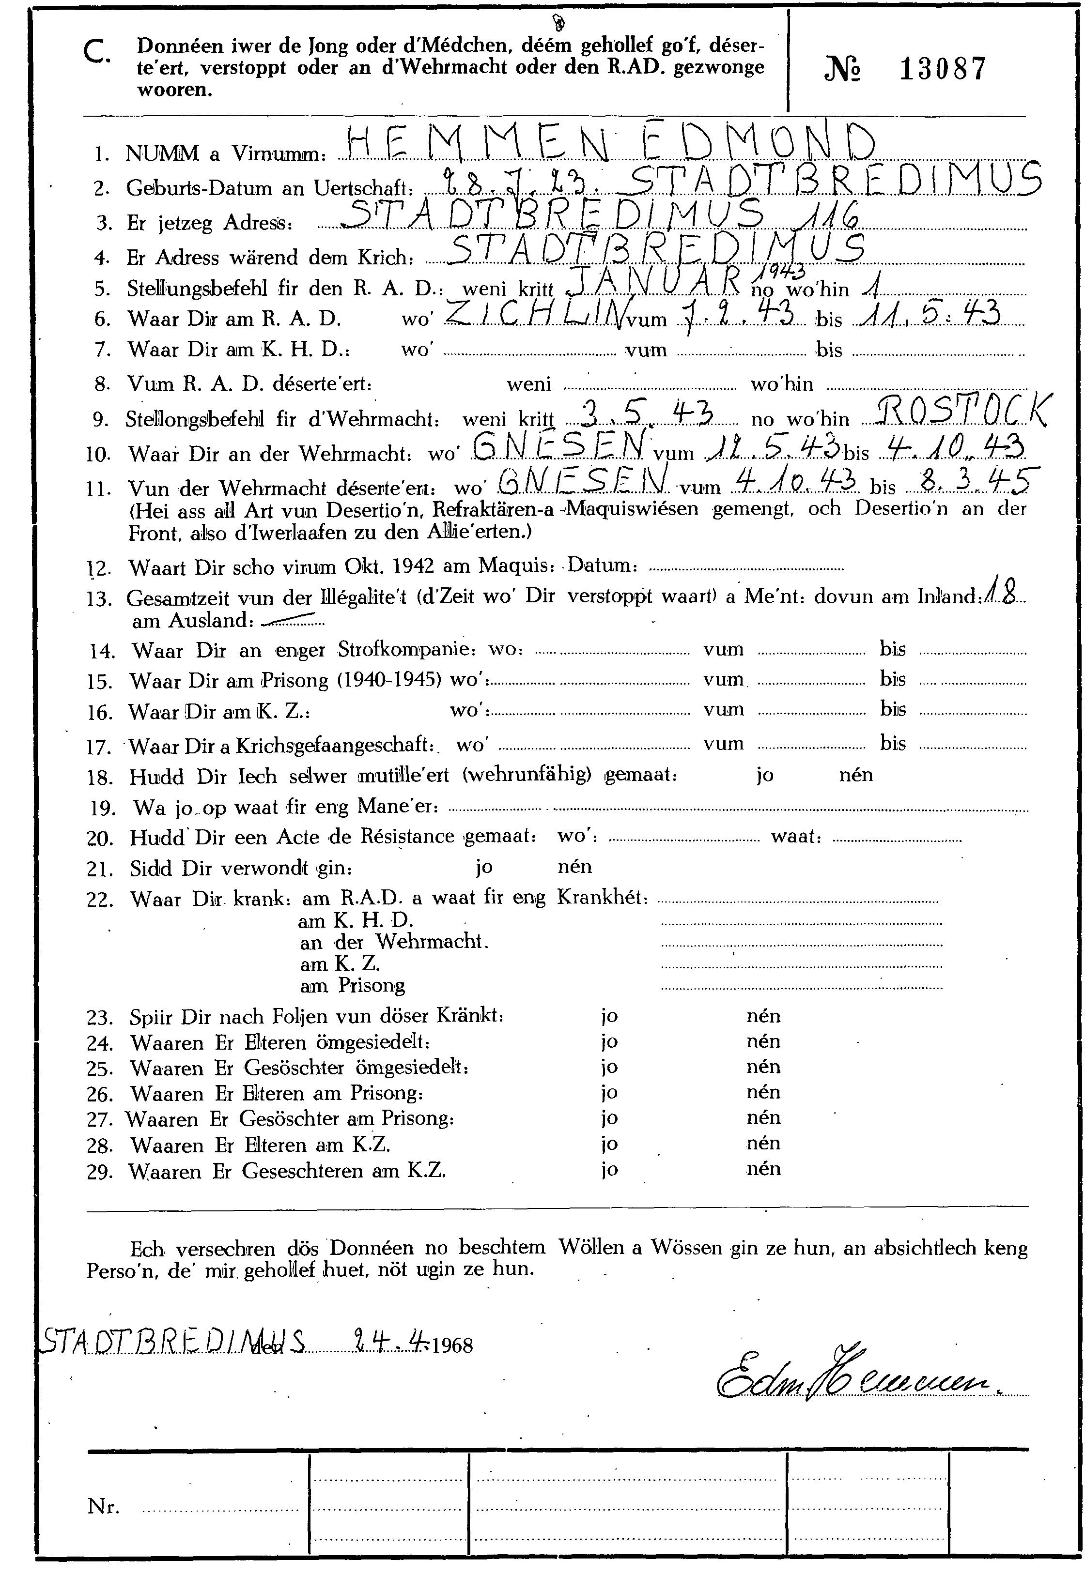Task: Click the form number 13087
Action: click(x=943, y=69)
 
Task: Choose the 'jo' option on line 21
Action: click(x=484, y=867)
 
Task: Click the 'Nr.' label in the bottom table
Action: click(x=103, y=1506)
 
